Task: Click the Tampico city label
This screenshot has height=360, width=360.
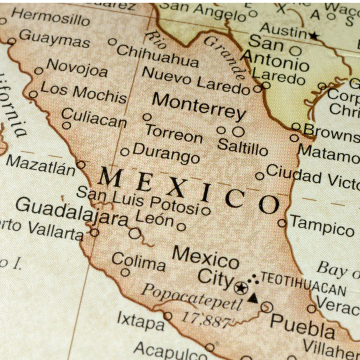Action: click(x=322, y=223)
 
